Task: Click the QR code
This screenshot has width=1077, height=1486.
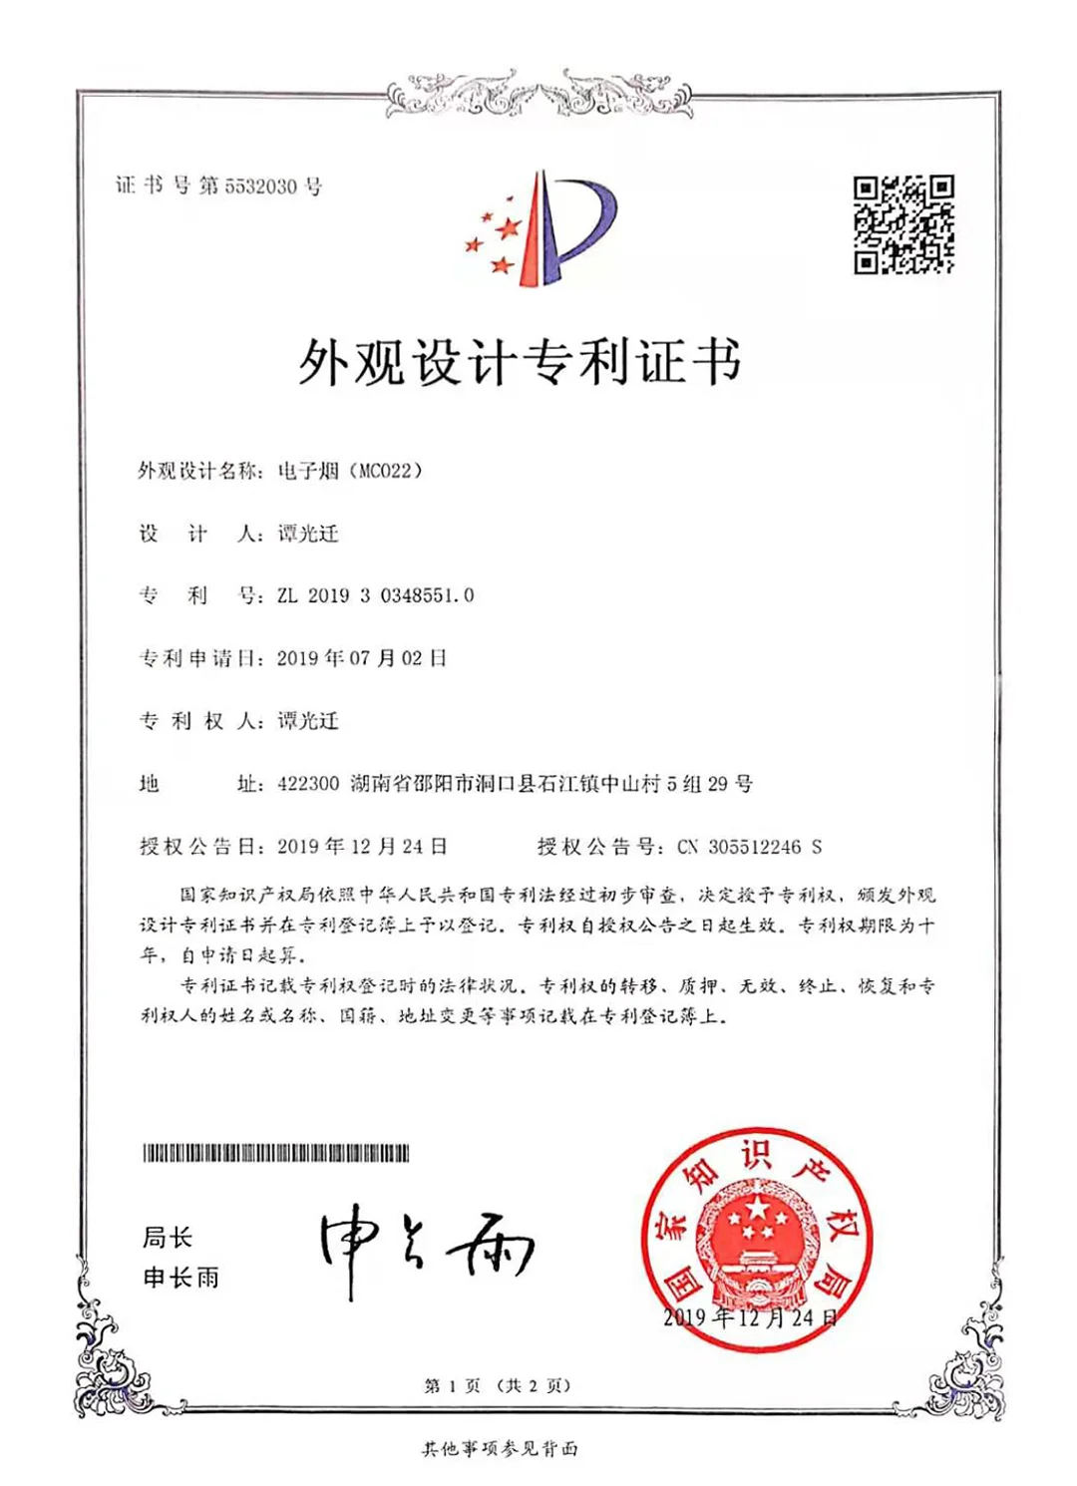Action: point(903,224)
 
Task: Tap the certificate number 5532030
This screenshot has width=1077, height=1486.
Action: point(260,186)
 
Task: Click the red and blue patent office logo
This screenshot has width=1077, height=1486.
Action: point(541,228)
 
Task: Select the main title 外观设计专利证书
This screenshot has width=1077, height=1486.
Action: point(520,361)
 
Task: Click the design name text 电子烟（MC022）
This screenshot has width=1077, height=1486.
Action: point(350,471)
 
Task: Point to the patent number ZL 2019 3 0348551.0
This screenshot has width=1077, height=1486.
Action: point(376,595)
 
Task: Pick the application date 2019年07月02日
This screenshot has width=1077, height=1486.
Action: point(362,658)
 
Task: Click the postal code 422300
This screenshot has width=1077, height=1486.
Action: point(308,784)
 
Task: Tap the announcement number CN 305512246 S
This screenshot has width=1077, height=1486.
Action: point(750,847)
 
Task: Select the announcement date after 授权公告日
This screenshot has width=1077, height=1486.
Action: point(362,847)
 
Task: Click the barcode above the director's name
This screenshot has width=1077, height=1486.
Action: point(276,1153)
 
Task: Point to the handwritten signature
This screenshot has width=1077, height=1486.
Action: point(427,1247)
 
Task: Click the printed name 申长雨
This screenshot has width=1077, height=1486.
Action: point(180,1278)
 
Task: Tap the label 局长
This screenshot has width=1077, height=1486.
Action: point(167,1238)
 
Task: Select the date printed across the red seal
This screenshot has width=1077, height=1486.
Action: point(750,1317)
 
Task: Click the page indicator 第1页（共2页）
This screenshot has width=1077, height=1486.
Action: point(498,1385)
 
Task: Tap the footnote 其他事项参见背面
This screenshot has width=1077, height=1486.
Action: point(500,1448)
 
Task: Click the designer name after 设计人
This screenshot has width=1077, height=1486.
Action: point(308,534)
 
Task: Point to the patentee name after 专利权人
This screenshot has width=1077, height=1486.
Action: point(308,721)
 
